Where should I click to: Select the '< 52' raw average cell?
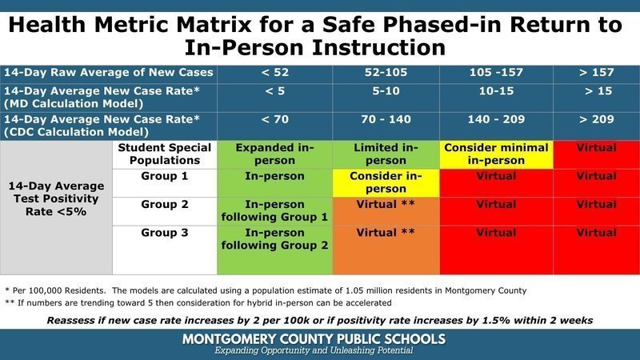click(x=274, y=72)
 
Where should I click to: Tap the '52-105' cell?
click(x=386, y=72)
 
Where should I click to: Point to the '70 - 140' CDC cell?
click(x=386, y=120)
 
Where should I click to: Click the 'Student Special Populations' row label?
click(x=164, y=154)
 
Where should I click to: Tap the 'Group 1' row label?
click(x=164, y=176)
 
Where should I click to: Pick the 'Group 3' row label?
click(x=164, y=234)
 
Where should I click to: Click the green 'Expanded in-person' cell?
click(x=274, y=154)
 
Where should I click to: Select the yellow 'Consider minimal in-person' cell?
click(x=496, y=154)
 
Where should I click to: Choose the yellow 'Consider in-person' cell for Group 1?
click(x=386, y=182)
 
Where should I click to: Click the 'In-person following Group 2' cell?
click(x=274, y=239)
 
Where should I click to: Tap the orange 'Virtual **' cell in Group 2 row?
click(x=386, y=205)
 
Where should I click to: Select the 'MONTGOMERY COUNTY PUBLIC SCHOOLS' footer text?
click(x=320, y=338)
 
